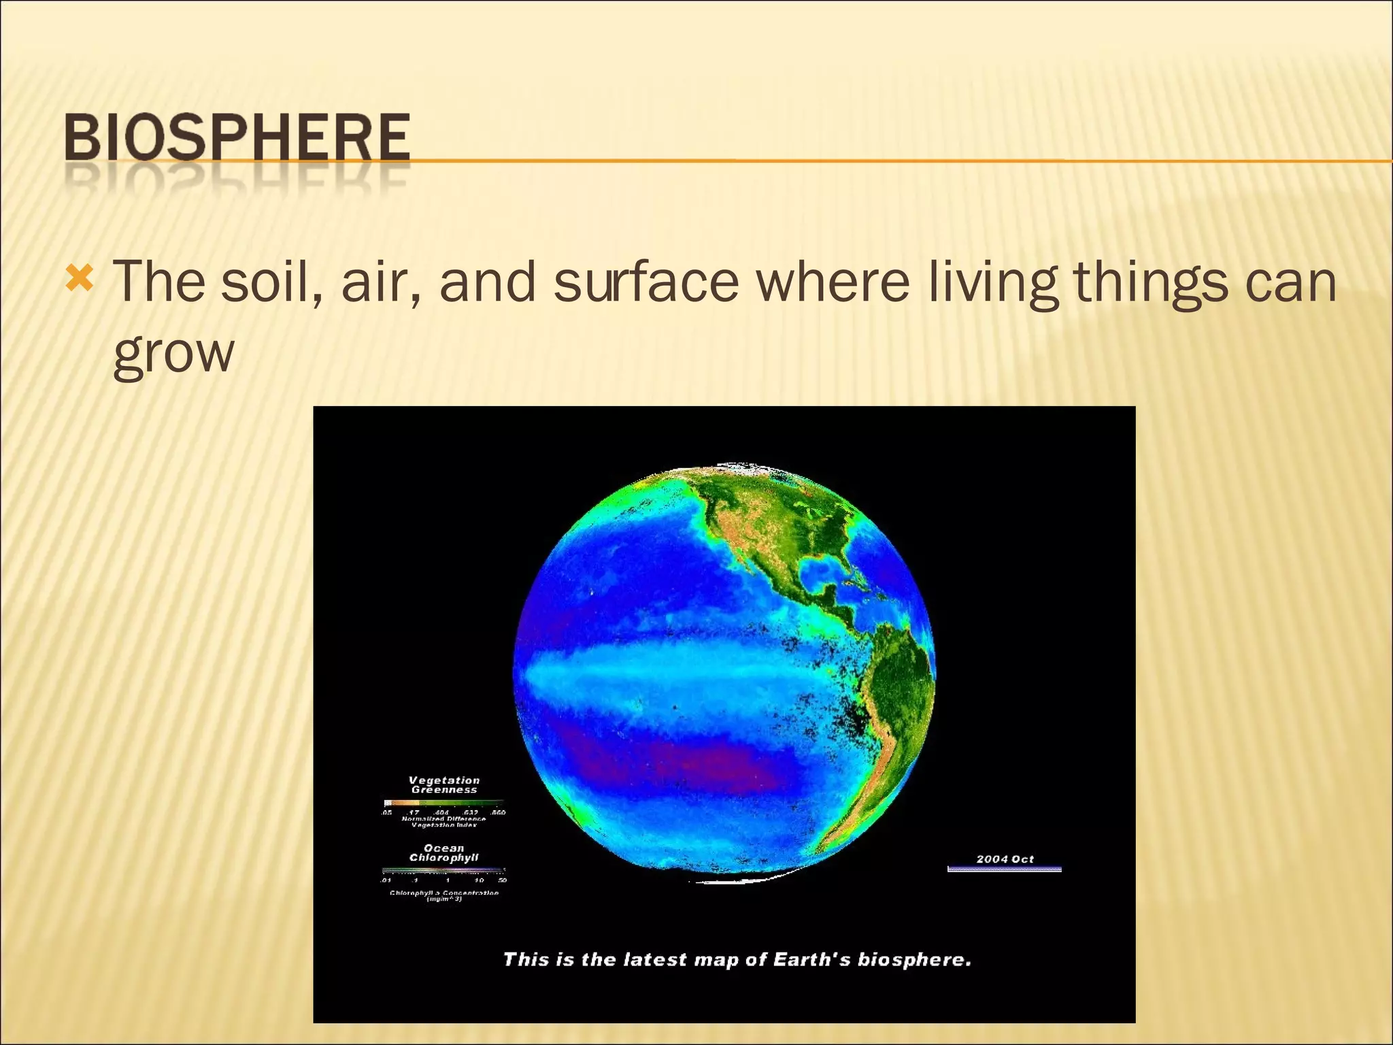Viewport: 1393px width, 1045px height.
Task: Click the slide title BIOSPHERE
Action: pyautogui.click(x=237, y=138)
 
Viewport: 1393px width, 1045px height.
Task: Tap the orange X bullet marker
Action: pyautogui.click(x=80, y=278)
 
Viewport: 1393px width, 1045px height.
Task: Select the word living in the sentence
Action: pyautogui.click(x=992, y=282)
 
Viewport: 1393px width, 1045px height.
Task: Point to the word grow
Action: pyautogui.click(x=173, y=354)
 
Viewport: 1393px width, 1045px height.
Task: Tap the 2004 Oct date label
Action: pyautogui.click(x=1005, y=859)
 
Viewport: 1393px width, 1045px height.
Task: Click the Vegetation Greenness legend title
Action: pyautogui.click(x=444, y=785)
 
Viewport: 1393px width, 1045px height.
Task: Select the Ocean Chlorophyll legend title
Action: pyautogui.click(x=444, y=853)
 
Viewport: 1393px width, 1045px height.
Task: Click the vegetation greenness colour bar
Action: pyautogui.click(x=443, y=803)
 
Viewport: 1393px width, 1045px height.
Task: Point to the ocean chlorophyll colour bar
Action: pyautogui.click(x=443, y=869)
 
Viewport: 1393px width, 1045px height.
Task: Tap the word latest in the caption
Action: pyautogui.click(x=654, y=960)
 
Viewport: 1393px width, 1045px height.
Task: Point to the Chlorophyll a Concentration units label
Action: pyautogui.click(x=444, y=896)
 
